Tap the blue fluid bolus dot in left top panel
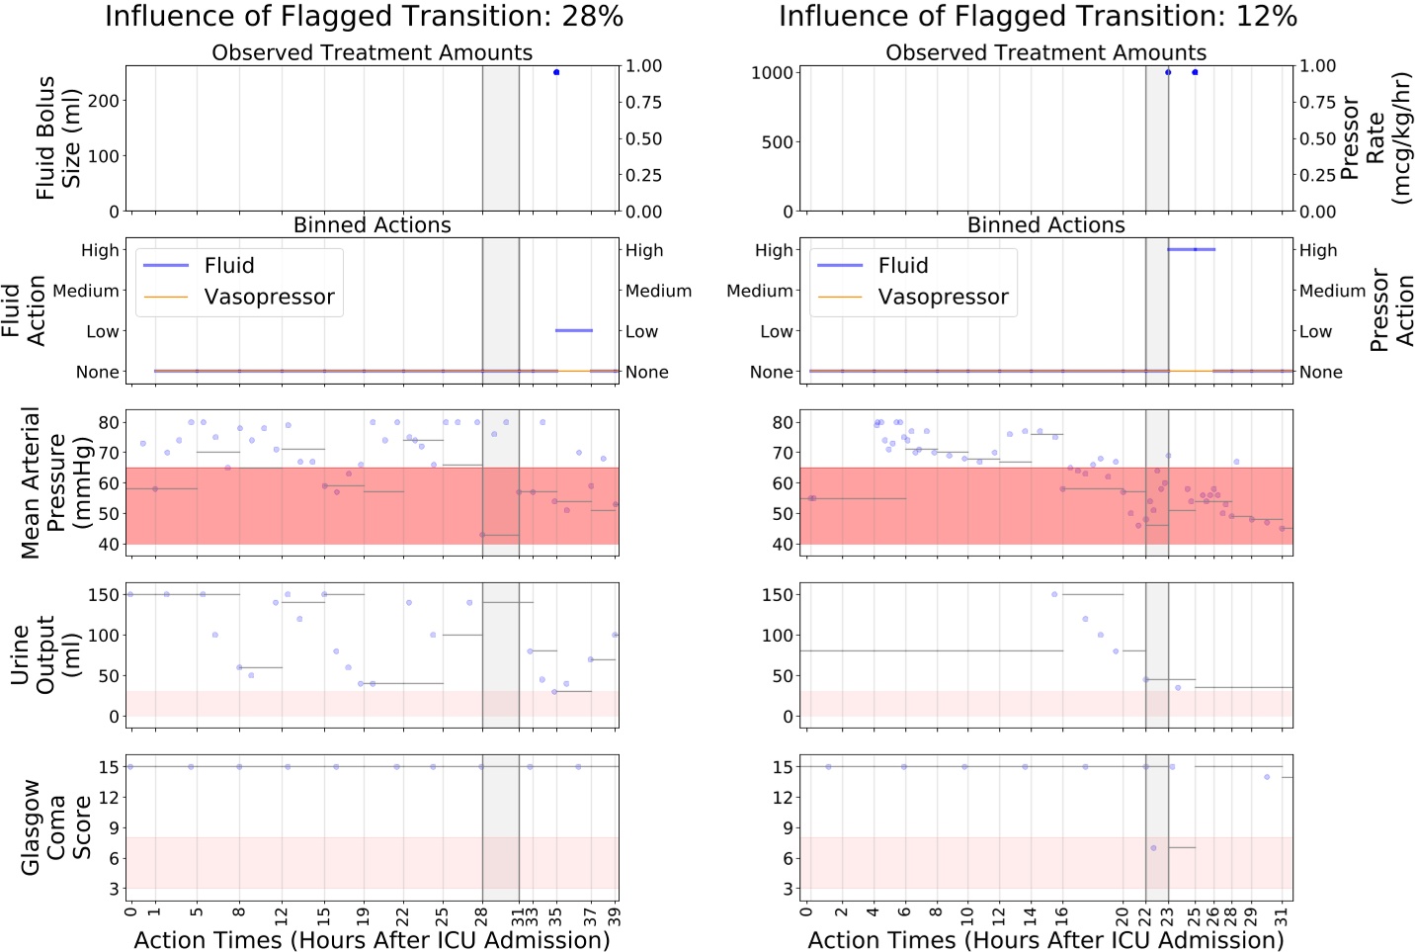tap(556, 72)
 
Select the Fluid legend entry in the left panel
tap(228, 266)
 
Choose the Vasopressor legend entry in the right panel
tap(943, 298)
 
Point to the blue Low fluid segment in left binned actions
tap(574, 330)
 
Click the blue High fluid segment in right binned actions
tap(1191, 249)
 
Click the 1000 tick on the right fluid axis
tap(772, 72)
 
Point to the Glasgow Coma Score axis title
tap(57, 827)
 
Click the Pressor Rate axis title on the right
tap(1374, 137)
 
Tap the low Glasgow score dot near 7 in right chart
tap(1153, 847)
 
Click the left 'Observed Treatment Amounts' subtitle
tap(372, 52)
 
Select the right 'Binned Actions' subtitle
tap(1045, 225)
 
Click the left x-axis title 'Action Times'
tap(372, 940)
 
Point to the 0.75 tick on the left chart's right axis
tap(644, 103)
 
